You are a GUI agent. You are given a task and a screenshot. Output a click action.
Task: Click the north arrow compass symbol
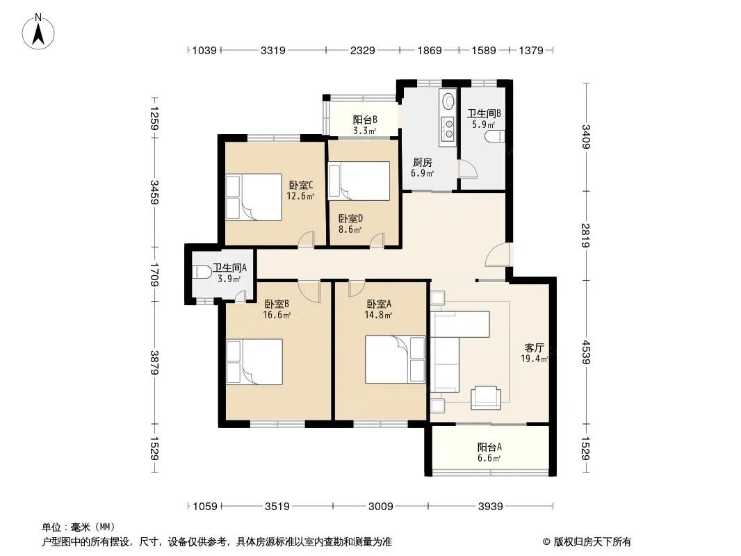click(38, 32)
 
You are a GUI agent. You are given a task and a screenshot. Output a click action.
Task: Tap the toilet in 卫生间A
click(202, 272)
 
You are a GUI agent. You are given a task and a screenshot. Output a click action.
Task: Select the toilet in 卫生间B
click(495, 136)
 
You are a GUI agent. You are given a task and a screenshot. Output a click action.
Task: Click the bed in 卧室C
click(254, 197)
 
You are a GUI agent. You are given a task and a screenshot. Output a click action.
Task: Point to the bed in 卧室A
click(395, 359)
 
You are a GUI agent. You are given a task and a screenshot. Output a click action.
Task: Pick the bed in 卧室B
click(254, 362)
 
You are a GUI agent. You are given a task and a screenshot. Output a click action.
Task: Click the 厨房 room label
click(421, 163)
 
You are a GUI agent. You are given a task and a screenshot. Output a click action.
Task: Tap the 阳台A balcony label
click(489, 447)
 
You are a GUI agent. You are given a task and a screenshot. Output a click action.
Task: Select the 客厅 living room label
click(534, 348)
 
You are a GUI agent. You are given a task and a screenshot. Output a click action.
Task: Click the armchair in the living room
click(486, 398)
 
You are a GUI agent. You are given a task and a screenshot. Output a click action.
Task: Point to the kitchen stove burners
click(447, 129)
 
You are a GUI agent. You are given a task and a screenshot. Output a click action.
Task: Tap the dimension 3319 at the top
click(273, 50)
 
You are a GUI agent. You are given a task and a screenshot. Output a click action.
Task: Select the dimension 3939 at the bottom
click(491, 507)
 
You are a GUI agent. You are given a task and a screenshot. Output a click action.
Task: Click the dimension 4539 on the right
click(586, 352)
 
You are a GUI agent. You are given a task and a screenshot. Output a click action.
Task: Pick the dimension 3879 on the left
click(154, 362)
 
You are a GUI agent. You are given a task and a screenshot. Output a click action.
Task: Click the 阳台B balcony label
click(365, 120)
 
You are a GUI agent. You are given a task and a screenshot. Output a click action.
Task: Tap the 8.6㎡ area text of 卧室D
click(350, 230)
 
